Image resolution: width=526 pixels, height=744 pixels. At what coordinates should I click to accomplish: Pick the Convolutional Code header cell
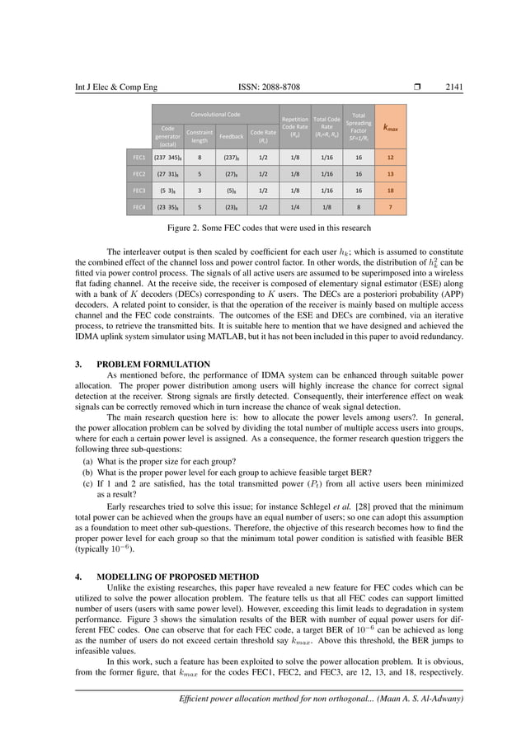pyautogui.click(x=216, y=114)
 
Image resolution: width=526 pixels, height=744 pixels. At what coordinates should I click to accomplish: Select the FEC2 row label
pyautogui.click(x=139, y=174)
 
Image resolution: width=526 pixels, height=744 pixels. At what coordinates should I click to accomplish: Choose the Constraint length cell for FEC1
pyautogui.click(x=201, y=156)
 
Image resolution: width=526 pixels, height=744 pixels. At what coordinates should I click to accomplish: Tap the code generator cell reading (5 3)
pyautogui.click(x=167, y=191)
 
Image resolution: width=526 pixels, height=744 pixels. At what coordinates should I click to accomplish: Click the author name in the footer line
pyautogui.click(x=420, y=699)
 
